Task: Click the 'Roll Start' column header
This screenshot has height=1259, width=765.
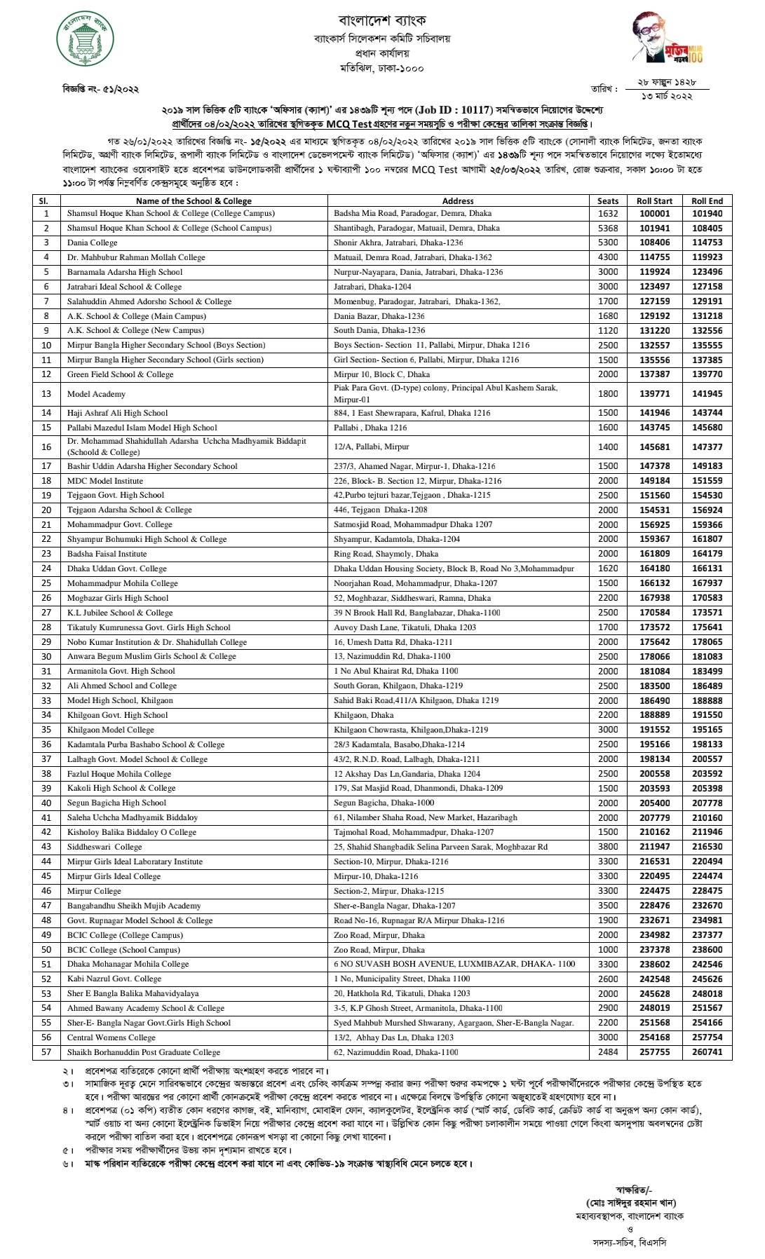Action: coord(654,200)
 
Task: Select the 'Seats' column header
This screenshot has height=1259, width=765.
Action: coord(608,200)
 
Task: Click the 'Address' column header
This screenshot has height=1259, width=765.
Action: coord(458,200)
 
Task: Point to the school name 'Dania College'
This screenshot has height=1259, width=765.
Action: coord(92,243)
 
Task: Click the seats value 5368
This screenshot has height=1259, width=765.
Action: coord(608,228)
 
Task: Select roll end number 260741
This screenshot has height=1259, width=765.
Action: coord(707,1052)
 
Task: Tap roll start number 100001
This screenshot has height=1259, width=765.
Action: coord(654,213)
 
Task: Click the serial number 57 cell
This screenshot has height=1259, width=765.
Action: coord(46,1052)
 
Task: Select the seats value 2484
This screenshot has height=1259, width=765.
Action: coord(608,1052)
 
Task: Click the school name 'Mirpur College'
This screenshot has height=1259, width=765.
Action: coord(94,891)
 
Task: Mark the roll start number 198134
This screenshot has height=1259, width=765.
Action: coord(654,759)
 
